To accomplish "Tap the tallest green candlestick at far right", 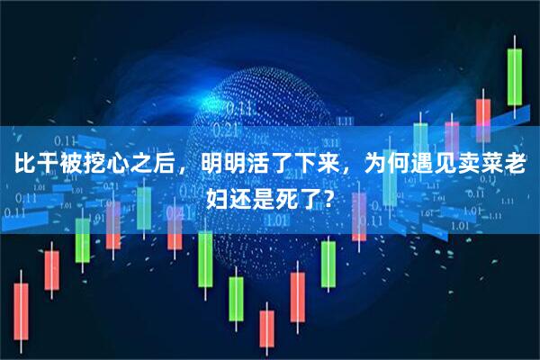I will coord(514,76).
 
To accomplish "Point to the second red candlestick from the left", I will coord(51,270).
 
